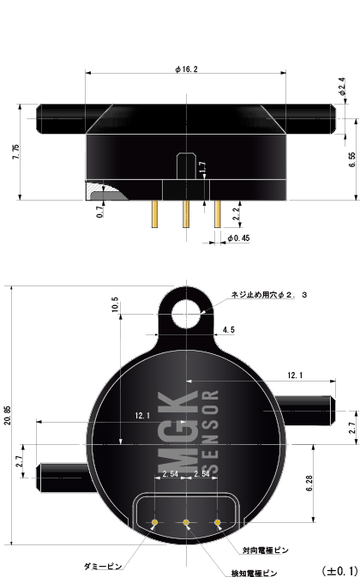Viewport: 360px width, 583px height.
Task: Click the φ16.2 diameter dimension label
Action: click(x=186, y=69)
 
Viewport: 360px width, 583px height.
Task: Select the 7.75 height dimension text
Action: click(x=15, y=152)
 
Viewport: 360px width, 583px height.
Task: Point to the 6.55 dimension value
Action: click(x=352, y=159)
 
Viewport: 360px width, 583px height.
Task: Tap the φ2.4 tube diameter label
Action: click(x=342, y=87)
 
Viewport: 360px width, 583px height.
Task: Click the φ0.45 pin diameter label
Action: click(x=238, y=238)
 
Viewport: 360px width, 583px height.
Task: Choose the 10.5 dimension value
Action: click(x=115, y=304)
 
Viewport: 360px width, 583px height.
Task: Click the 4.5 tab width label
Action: click(x=229, y=330)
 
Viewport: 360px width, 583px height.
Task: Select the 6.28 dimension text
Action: click(x=309, y=483)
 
